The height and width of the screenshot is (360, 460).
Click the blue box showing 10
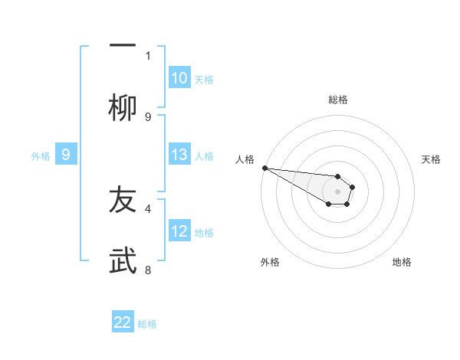179,78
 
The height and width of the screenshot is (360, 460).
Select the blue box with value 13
179,155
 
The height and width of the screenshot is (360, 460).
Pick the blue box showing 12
179,231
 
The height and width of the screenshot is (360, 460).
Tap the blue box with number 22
123,322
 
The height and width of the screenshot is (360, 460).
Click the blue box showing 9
66,155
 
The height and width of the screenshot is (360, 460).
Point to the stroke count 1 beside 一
148,55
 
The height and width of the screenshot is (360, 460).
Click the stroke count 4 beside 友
148,208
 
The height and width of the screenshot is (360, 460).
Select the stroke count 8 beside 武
148,270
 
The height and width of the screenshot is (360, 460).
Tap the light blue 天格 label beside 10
203,79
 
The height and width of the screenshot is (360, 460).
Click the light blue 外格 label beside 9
41,155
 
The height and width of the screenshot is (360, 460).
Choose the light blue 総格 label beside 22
147,323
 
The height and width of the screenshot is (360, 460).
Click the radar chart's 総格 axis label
337,100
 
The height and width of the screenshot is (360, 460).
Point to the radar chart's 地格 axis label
402,262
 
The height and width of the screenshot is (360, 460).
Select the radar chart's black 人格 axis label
245,159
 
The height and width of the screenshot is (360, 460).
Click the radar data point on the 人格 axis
264,168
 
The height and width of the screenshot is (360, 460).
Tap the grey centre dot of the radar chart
337,191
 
